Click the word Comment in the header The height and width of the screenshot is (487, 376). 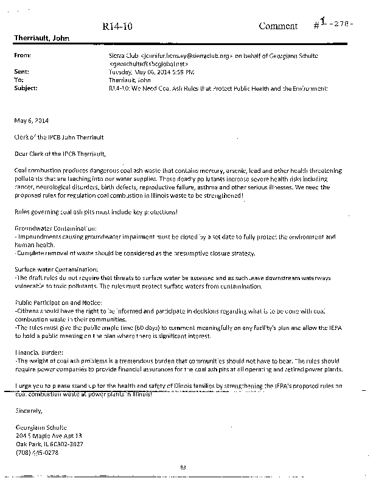(278, 26)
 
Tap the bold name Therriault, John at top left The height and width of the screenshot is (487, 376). (42, 38)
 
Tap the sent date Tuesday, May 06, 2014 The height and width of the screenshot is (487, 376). (134, 71)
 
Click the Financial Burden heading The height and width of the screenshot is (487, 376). (38, 352)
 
